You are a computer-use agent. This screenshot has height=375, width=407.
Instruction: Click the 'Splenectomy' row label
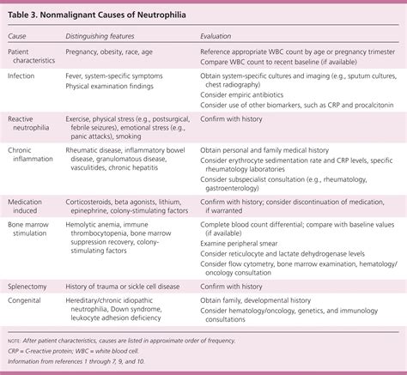(x=30, y=287)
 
